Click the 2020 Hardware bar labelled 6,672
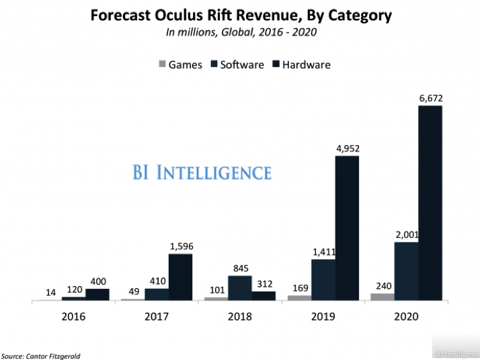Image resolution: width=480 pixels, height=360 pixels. pos(430,203)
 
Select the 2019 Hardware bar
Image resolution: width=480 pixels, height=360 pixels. pos(347,228)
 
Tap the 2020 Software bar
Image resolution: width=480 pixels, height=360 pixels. pos(406,271)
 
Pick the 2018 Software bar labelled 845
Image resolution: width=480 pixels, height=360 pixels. pos(240,288)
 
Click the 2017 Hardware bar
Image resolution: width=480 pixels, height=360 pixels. pos(180,277)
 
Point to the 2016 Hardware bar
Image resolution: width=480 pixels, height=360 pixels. pos(97,294)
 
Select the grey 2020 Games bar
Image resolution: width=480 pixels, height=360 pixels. pos(382,296)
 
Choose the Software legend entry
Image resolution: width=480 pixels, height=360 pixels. pos(237,65)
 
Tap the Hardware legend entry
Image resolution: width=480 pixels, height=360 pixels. pos(301,65)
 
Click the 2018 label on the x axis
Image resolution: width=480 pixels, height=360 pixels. pos(240,315)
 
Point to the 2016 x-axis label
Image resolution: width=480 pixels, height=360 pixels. pos(73,315)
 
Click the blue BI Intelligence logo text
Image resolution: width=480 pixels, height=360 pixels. pos(202,173)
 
